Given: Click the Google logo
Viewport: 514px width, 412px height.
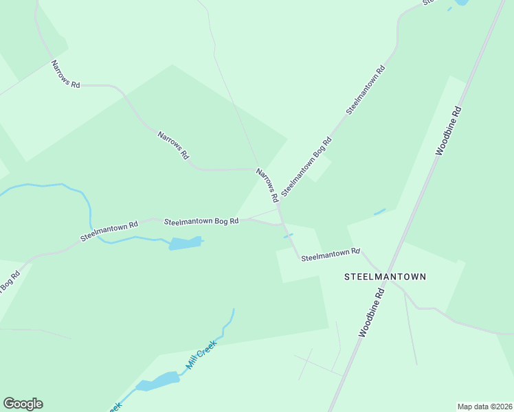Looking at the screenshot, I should tap(23, 404).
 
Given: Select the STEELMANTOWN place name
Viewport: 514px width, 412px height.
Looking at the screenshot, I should tap(385, 277).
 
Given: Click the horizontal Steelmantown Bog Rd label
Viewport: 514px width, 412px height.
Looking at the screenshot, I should tap(201, 222).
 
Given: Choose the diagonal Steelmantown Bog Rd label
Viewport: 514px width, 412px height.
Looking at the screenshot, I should tap(306, 166).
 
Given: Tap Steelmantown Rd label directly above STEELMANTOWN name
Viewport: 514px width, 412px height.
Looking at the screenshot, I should tap(331, 254).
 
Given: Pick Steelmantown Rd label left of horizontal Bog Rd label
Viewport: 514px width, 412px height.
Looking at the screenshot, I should tap(109, 230).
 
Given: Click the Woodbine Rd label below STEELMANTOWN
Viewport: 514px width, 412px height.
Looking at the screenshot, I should tap(371, 312).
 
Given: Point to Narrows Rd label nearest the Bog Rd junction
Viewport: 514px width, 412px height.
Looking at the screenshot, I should tap(267, 185).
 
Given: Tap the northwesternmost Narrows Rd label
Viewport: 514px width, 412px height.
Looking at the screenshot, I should tap(66, 74).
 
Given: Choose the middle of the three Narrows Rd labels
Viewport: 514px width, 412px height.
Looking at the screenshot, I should tap(173, 145).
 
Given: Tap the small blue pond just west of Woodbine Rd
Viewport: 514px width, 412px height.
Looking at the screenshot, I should tap(379, 211).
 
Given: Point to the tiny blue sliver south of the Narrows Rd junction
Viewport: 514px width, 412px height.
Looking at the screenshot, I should tap(289, 236).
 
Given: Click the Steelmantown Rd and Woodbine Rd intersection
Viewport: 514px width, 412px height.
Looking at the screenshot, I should tap(390, 270).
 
